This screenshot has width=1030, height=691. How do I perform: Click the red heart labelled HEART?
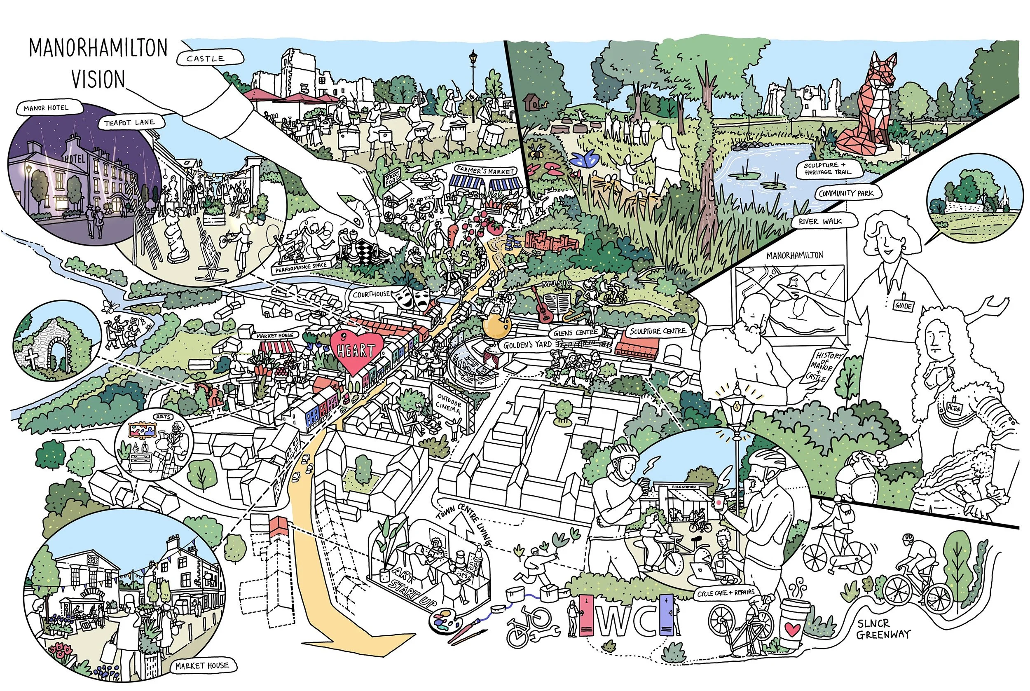pyautogui.click(x=356, y=351)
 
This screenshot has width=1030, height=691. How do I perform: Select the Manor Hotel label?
pyautogui.click(x=46, y=108)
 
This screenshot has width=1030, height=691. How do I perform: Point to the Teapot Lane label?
pyautogui.click(x=129, y=123)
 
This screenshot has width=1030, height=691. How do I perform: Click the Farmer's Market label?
pyautogui.click(x=485, y=170)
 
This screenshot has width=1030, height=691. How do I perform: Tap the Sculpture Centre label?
pyautogui.click(x=658, y=331)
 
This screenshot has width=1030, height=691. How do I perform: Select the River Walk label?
pyautogui.click(x=820, y=222)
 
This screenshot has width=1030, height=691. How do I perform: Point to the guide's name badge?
pyautogui.click(x=903, y=305)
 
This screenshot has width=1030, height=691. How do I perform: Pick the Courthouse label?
pyautogui.click(x=371, y=294)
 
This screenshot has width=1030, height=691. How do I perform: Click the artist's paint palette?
pyautogui.click(x=443, y=620)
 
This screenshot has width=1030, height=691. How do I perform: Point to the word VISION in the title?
pyautogui.click(x=98, y=80)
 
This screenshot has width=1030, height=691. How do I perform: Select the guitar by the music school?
pyautogui.click(x=542, y=305)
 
